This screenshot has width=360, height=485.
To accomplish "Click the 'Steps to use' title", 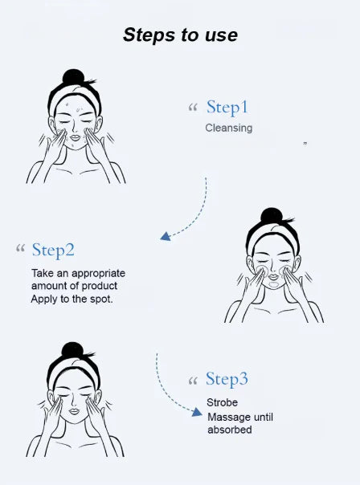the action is [x=180, y=35].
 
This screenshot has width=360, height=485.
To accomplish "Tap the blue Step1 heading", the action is [x=227, y=108].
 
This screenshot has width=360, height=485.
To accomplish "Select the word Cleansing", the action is [x=229, y=128].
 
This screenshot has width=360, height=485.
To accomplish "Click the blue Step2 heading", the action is [x=53, y=251].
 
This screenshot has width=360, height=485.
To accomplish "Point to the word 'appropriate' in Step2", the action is [x=98, y=274].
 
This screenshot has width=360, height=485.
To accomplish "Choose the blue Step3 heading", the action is [x=227, y=379].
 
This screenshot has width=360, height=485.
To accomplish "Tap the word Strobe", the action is [x=223, y=402].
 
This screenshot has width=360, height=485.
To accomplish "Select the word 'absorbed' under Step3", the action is [x=229, y=430].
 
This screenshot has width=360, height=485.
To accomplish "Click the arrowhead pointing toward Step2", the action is [x=166, y=236].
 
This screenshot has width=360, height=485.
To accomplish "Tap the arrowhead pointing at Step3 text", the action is [x=197, y=412].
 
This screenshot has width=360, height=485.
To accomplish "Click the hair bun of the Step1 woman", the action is [x=74, y=77].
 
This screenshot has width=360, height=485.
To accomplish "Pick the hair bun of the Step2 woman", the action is [x=272, y=216].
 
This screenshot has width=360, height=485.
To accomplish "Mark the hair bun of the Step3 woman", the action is [x=72, y=350].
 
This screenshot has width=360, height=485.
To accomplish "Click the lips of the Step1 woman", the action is [x=75, y=137].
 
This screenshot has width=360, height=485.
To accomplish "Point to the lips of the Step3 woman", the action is [x=74, y=411].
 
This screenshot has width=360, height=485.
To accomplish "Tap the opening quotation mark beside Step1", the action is [x=193, y=108].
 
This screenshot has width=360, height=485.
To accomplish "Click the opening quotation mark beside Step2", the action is [x=20, y=248].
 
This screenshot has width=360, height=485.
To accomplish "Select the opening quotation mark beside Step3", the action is [x=193, y=381].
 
